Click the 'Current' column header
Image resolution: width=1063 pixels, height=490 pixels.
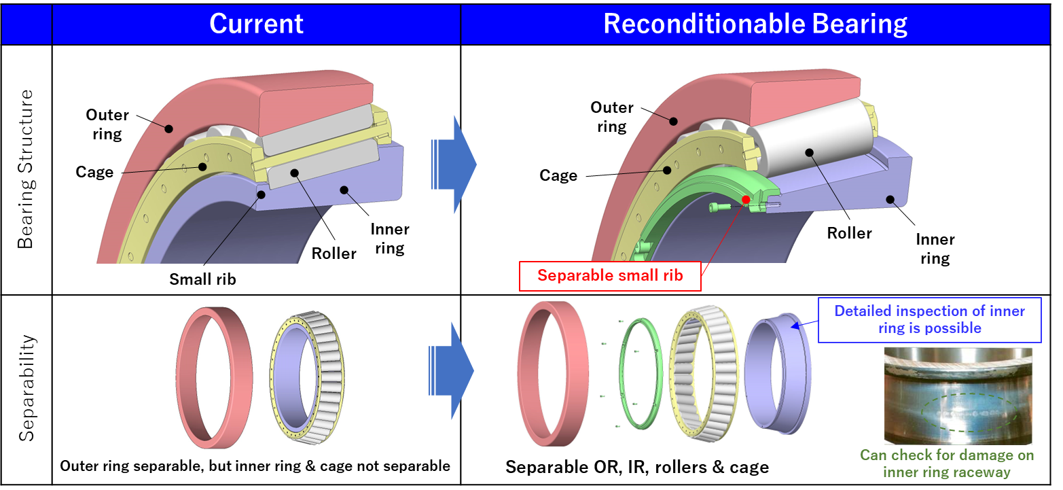pyautogui.click(x=256, y=24)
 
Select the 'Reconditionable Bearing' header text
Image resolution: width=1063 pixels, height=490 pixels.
pyautogui.click(x=755, y=24)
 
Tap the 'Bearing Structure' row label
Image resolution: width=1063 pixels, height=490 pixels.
pyautogui.click(x=26, y=170)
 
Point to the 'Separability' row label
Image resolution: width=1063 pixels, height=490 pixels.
pyautogui.click(x=26, y=388)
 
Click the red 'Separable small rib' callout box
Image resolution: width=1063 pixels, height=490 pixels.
pyautogui.click(x=609, y=276)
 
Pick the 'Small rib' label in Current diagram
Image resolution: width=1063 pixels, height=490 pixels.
pyautogui.click(x=202, y=279)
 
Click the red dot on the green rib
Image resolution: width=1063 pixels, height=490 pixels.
pyautogui.click(x=746, y=200)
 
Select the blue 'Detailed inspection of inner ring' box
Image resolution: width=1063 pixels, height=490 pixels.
pyautogui.click(x=929, y=319)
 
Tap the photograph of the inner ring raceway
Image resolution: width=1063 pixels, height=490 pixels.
pyautogui.click(x=958, y=396)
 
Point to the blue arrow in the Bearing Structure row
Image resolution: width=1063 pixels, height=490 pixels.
pyautogui.click(x=454, y=164)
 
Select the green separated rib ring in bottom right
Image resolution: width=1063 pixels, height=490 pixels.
pyautogui.click(x=640, y=373)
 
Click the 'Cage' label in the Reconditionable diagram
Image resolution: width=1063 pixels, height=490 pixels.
pyautogui.click(x=558, y=175)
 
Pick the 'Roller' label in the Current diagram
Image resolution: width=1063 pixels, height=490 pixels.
pyautogui.click(x=334, y=253)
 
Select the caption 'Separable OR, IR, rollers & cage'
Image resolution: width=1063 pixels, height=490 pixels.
pyautogui.click(x=637, y=467)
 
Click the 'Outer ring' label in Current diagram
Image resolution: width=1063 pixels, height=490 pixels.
pyautogui.click(x=107, y=124)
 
